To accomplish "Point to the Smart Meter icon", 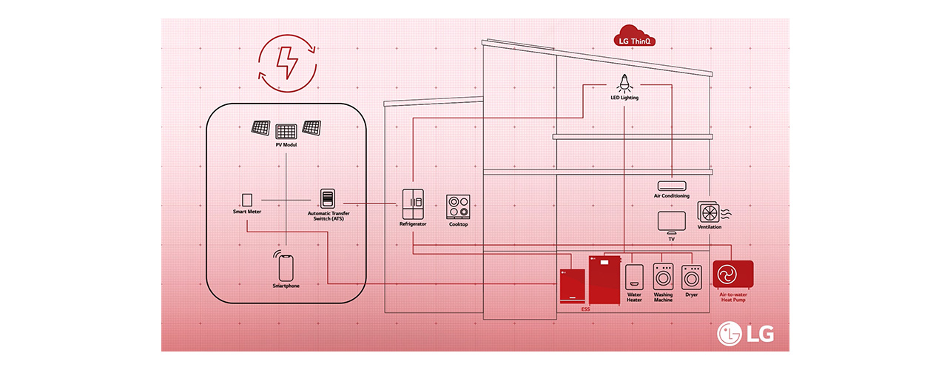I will pyautogui.click(x=247, y=200).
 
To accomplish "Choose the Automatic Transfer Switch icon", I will pyautogui.click(x=327, y=199).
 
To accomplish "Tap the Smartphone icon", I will pyautogui.click(x=286, y=266).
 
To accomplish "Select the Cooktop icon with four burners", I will pyautogui.click(x=458, y=206).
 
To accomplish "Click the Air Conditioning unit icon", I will pyautogui.click(x=671, y=186).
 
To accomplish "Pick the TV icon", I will pyautogui.click(x=671, y=222).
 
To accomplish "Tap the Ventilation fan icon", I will pyautogui.click(x=709, y=212).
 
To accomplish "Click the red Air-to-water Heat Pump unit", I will pyautogui.click(x=732, y=275).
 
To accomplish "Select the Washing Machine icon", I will pyautogui.click(x=663, y=278).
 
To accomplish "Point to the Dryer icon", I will pyautogui.click(x=692, y=278).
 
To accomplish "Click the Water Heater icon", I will pyautogui.click(x=634, y=277).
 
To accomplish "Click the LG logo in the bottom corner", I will pyautogui.click(x=745, y=334).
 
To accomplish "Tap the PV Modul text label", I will pyautogui.click(x=286, y=146).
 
